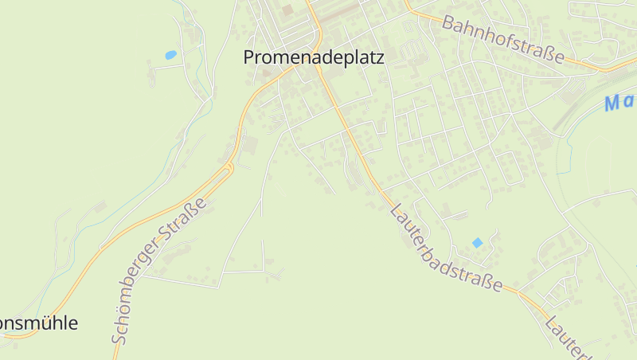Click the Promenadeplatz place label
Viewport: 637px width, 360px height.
tap(314, 57)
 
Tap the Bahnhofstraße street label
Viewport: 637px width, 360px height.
tap(503, 39)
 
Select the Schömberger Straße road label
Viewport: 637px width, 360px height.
tap(159, 271)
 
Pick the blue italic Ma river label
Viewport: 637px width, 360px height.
tap(620, 102)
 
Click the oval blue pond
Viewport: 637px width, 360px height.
tap(170, 55)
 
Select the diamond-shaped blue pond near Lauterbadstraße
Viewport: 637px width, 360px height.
tap(477, 242)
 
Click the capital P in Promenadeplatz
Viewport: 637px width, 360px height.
tap(249, 57)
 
